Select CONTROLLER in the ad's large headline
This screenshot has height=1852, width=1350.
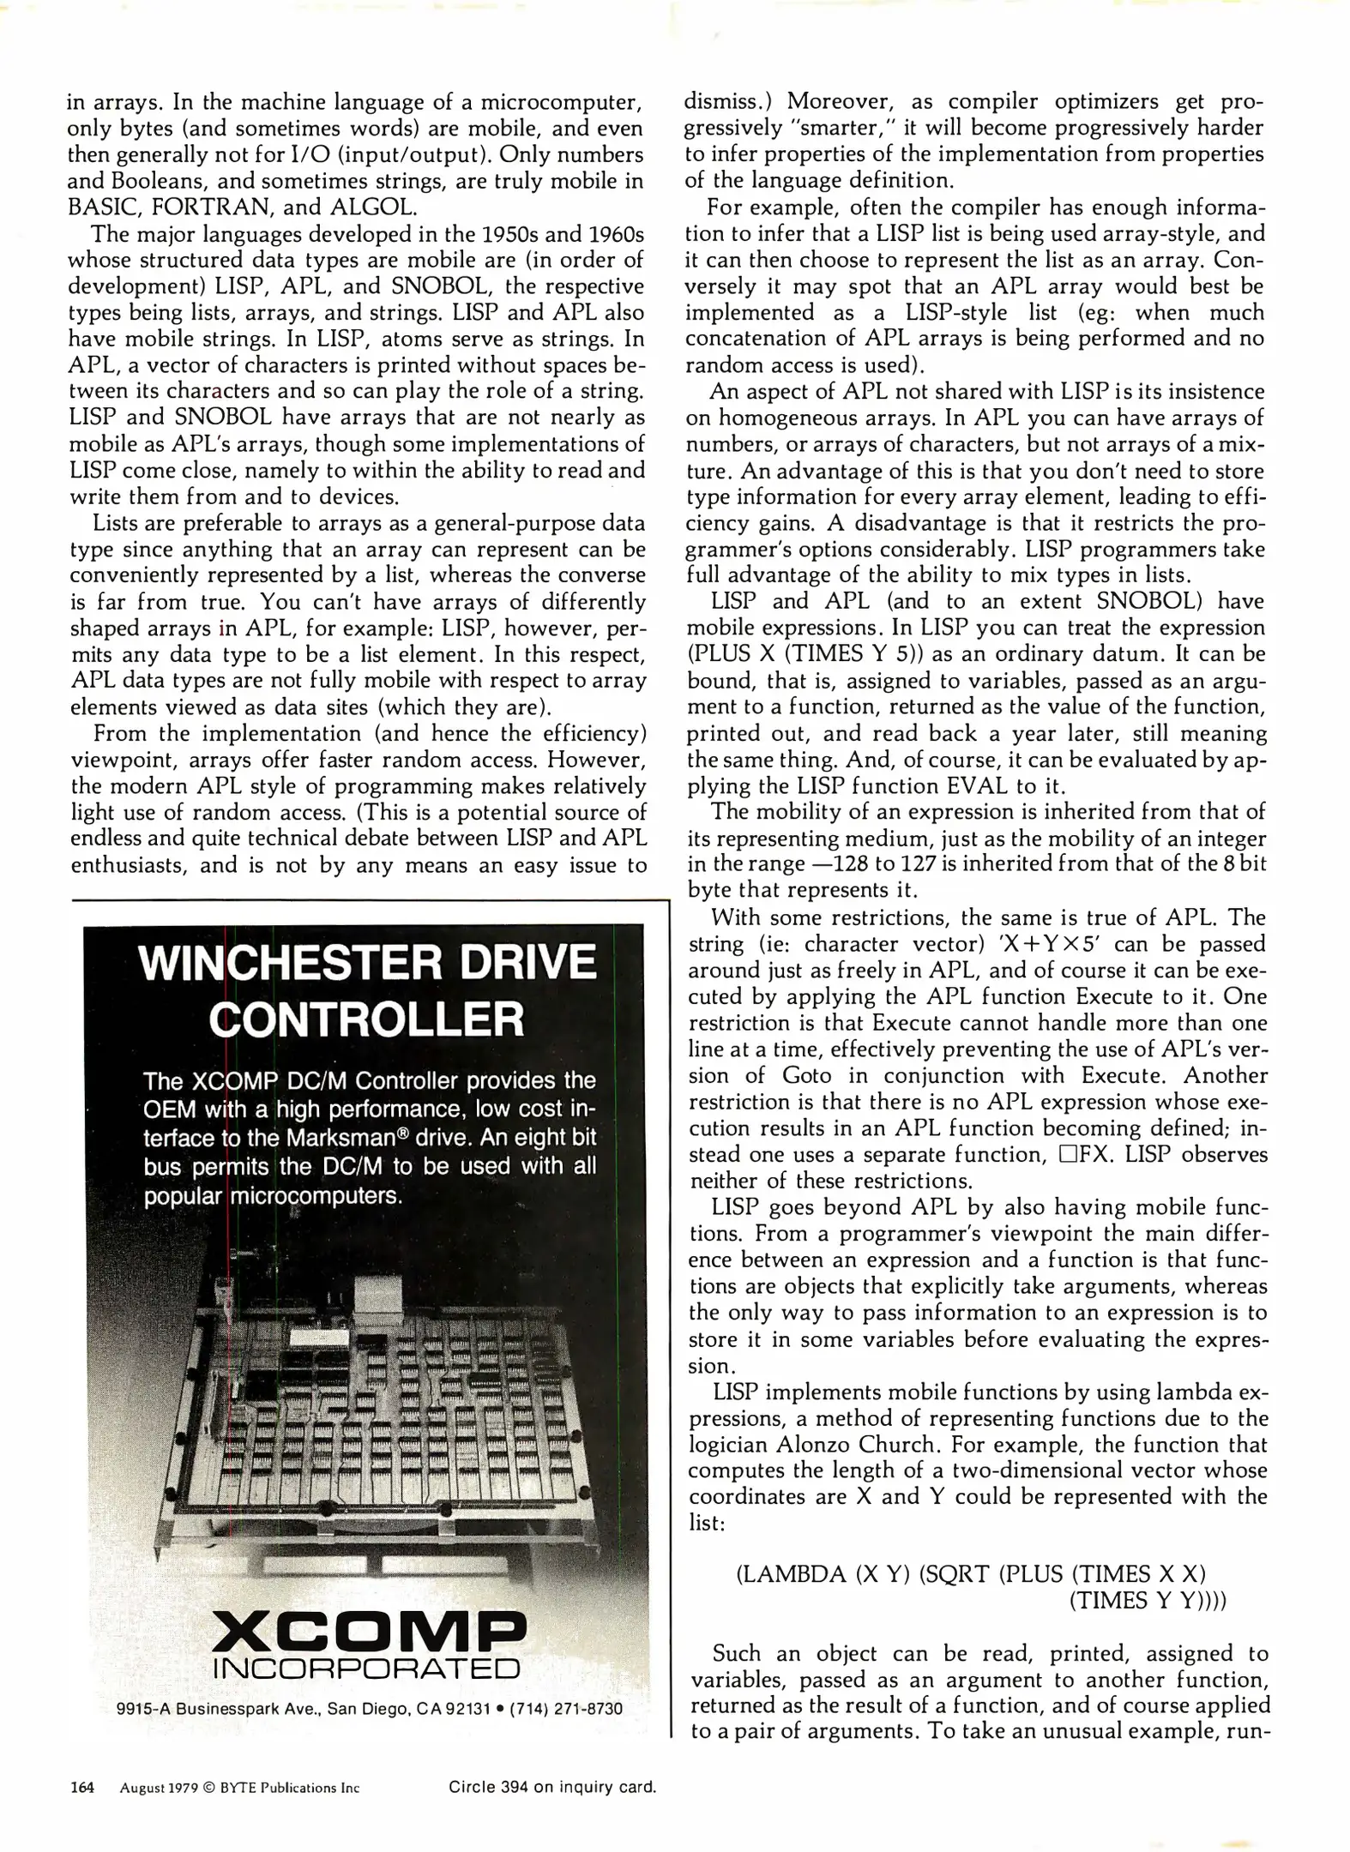click(366, 1019)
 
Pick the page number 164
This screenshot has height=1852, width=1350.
click(82, 1788)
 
